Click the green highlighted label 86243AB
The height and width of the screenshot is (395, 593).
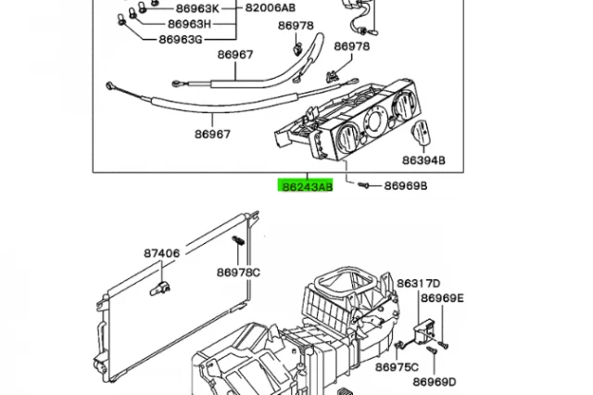click(x=306, y=185)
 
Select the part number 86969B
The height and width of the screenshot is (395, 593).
click(x=406, y=185)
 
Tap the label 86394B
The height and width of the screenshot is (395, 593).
click(x=423, y=160)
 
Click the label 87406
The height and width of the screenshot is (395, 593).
click(x=162, y=253)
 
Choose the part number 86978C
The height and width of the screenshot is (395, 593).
click(x=238, y=272)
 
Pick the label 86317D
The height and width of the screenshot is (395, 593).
click(x=419, y=283)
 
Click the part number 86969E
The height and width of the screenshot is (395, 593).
click(x=442, y=299)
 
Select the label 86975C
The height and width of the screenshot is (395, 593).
click(x=397, y=367)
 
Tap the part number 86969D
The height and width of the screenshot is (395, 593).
click(x=435, y=382)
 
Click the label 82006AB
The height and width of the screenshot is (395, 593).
click(x=271, y=7)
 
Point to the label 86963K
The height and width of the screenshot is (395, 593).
click(x=197, y=8)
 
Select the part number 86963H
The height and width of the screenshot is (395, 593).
click(x=189, y=24)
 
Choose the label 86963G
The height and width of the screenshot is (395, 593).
click(x=181, y=39)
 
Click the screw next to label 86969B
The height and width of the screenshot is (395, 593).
click(x=363, y=185)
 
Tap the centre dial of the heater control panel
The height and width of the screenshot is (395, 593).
click(x=374, y=121)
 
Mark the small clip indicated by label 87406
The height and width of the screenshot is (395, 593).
click(x=160, y=288)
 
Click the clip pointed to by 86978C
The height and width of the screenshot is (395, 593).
click(x=238, y=240)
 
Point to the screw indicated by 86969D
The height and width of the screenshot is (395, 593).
click(x=432, y=350)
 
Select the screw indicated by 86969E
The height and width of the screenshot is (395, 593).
click(x=444, y=345)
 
